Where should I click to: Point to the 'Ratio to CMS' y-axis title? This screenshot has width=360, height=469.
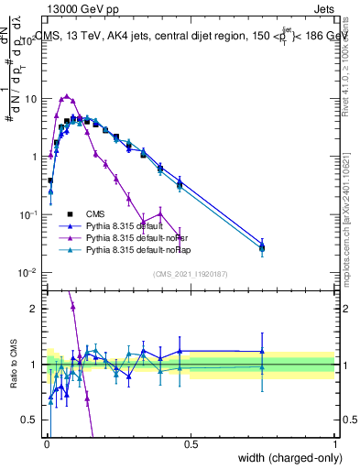click(13, 365)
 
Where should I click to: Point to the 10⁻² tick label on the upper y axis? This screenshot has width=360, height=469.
click(28, 273)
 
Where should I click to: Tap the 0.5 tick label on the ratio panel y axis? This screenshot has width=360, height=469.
click(30, 420)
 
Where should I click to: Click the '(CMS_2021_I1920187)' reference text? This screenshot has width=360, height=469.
click(191, 274)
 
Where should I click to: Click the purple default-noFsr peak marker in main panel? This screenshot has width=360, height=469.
click(66, 95)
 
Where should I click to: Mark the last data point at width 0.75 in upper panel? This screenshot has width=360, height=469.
click(262, 246)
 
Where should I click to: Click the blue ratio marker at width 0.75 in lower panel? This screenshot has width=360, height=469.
click(262, 351)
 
